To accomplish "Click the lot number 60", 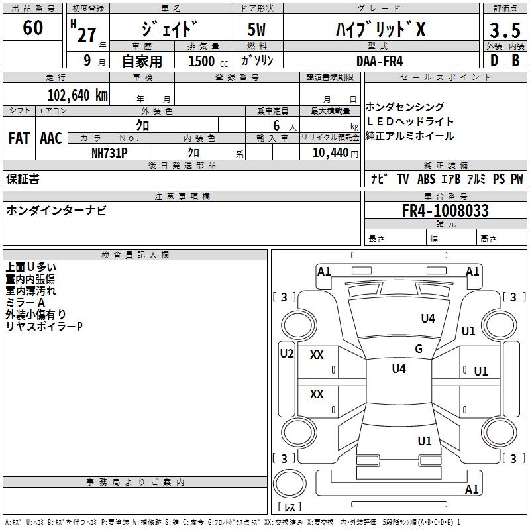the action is point(32,28).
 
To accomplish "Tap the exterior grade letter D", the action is point(494,60).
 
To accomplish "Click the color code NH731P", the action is point(109,152).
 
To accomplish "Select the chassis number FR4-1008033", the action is point(445,211).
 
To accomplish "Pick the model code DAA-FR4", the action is point(379,60).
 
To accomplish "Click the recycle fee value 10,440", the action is point(329,152).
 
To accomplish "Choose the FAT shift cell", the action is point(19,138).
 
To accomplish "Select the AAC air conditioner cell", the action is point(51,138).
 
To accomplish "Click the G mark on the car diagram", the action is point(418,349).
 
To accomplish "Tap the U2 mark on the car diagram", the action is point(286,354).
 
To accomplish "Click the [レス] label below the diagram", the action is point(292,507).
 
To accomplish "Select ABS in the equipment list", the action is point(426,179).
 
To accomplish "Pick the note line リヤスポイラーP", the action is point(44,327).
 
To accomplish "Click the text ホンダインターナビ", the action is point(56,211).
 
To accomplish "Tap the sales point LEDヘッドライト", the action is point(409,122).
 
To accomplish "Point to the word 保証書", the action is point(23,178).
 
